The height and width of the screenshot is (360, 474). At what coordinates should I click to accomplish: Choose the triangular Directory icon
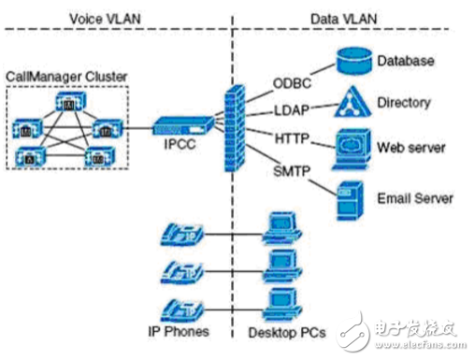coord(351,101)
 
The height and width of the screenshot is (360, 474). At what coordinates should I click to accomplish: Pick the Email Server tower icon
coord(351,197)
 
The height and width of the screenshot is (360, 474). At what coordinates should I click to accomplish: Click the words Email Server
coord(415,198)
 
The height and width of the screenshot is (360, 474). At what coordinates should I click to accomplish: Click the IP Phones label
coord(178,331)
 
